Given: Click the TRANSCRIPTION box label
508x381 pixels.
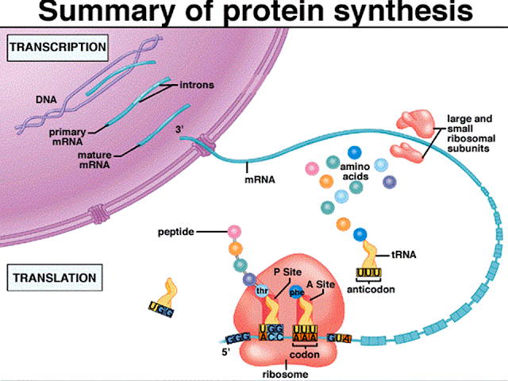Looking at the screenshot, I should (56, 48).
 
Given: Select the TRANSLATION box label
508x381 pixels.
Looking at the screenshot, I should (52, 279).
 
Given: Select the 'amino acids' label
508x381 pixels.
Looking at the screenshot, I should (355, 174).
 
